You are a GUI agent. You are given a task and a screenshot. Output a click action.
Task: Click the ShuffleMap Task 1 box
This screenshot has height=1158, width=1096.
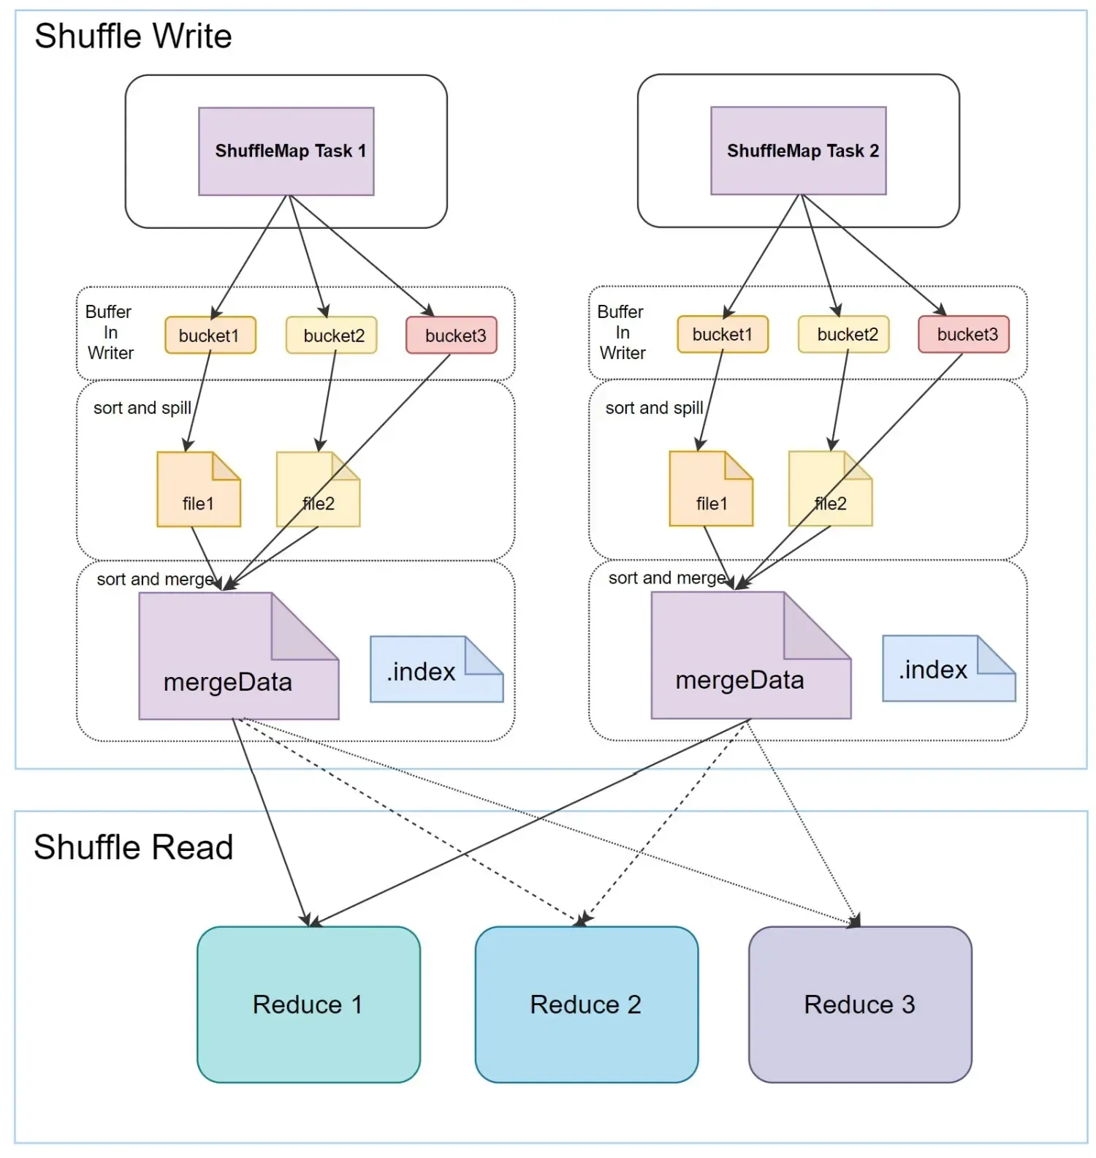286,151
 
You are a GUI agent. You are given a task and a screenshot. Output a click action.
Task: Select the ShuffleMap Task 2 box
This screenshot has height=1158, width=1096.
799,151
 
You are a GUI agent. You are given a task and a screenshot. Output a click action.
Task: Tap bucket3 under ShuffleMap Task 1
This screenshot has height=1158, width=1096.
452,336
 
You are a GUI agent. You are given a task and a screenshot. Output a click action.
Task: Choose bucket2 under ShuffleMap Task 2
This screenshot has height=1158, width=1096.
844,335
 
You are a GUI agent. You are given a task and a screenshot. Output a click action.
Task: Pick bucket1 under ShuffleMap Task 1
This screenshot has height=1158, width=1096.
210,336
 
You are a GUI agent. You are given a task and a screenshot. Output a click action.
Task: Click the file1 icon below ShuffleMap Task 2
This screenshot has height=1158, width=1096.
711,489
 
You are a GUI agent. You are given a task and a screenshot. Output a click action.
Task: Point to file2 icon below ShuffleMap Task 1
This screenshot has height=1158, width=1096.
318,490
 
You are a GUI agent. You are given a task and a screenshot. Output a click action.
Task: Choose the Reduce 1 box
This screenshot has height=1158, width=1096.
308,1004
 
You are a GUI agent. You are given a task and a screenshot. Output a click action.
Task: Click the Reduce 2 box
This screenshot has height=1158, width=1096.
586,1004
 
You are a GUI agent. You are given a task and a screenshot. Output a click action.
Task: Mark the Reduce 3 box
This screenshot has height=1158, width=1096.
860,1004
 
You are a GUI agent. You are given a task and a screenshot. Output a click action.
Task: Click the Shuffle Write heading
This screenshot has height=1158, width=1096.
133,37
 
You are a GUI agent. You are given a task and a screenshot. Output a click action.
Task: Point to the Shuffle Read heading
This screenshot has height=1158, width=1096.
133,847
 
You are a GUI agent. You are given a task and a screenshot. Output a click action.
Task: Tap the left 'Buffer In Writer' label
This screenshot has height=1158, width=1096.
110,333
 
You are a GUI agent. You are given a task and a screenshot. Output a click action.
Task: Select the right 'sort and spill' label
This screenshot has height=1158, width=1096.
654,408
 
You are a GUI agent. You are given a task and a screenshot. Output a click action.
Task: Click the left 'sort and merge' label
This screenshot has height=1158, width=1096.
156,580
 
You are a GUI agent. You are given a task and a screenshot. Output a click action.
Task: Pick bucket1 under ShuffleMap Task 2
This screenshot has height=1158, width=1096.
723,335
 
